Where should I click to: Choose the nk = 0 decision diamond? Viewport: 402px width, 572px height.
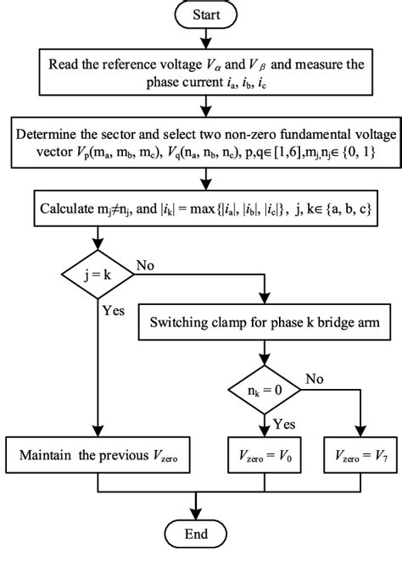[265, 389]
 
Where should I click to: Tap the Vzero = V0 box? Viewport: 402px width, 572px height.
[265, 458]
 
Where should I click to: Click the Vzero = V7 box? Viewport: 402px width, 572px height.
[362, 458]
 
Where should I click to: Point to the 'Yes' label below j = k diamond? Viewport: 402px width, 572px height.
[113, 311]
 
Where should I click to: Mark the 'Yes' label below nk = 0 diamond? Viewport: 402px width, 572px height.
[282, 421]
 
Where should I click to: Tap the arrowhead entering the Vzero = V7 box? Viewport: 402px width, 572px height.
[362, 432]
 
